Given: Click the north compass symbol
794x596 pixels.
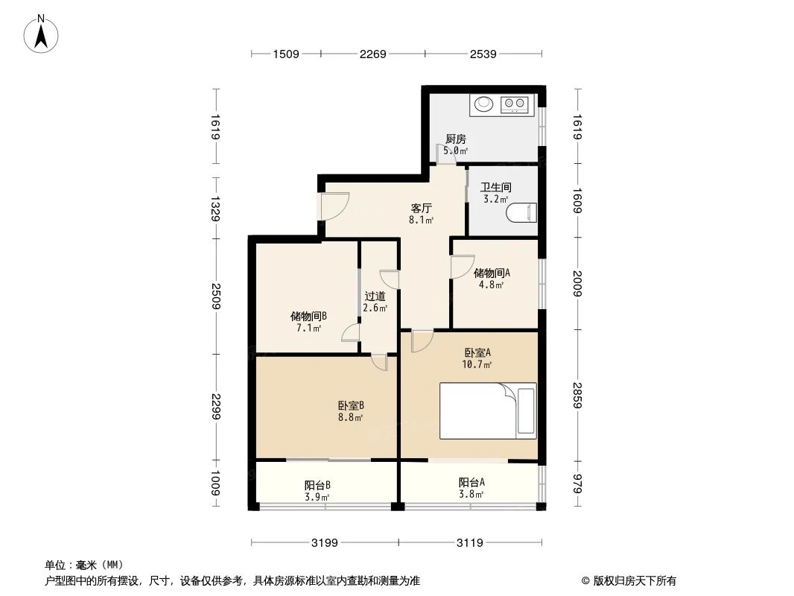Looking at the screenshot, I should (42, 34).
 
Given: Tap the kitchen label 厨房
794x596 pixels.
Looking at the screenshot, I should (455, 139).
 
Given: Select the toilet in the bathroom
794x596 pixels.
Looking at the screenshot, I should (521, 214).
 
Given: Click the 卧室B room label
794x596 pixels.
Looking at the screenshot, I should (350, 405).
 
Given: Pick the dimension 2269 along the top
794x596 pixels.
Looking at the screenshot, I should (372, 54).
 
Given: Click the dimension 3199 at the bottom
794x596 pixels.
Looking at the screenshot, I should (325, 542).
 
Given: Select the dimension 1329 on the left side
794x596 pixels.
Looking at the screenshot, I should (215, 208).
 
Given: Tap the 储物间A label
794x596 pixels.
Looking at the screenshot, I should (492, 273).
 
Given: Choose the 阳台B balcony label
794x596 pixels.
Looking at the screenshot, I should (317, 485).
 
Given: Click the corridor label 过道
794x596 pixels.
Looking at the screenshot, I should (375, 296).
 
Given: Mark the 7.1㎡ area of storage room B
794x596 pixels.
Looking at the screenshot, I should (308, 327).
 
